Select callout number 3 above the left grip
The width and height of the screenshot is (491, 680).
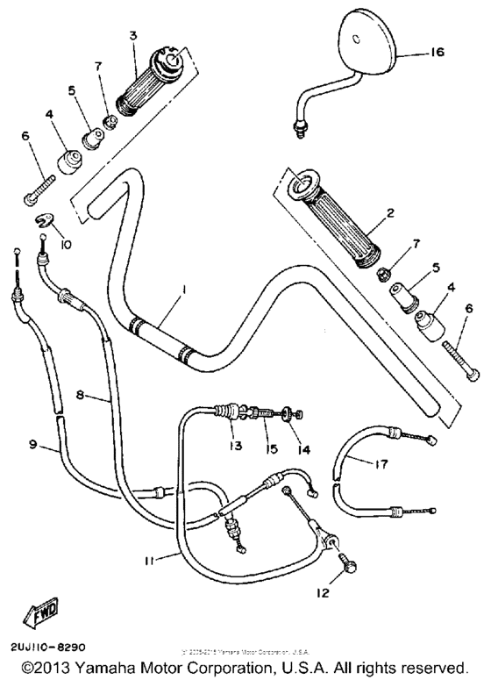click(x=133, y=36)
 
